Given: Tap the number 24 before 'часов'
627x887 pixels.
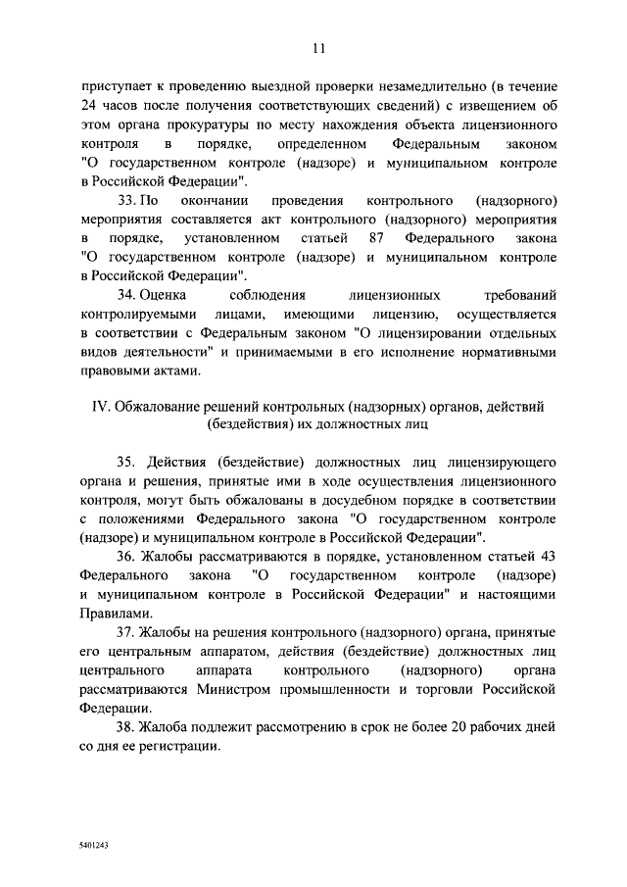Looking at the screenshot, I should point(89,106).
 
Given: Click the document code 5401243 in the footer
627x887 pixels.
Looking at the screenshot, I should point(95,842).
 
